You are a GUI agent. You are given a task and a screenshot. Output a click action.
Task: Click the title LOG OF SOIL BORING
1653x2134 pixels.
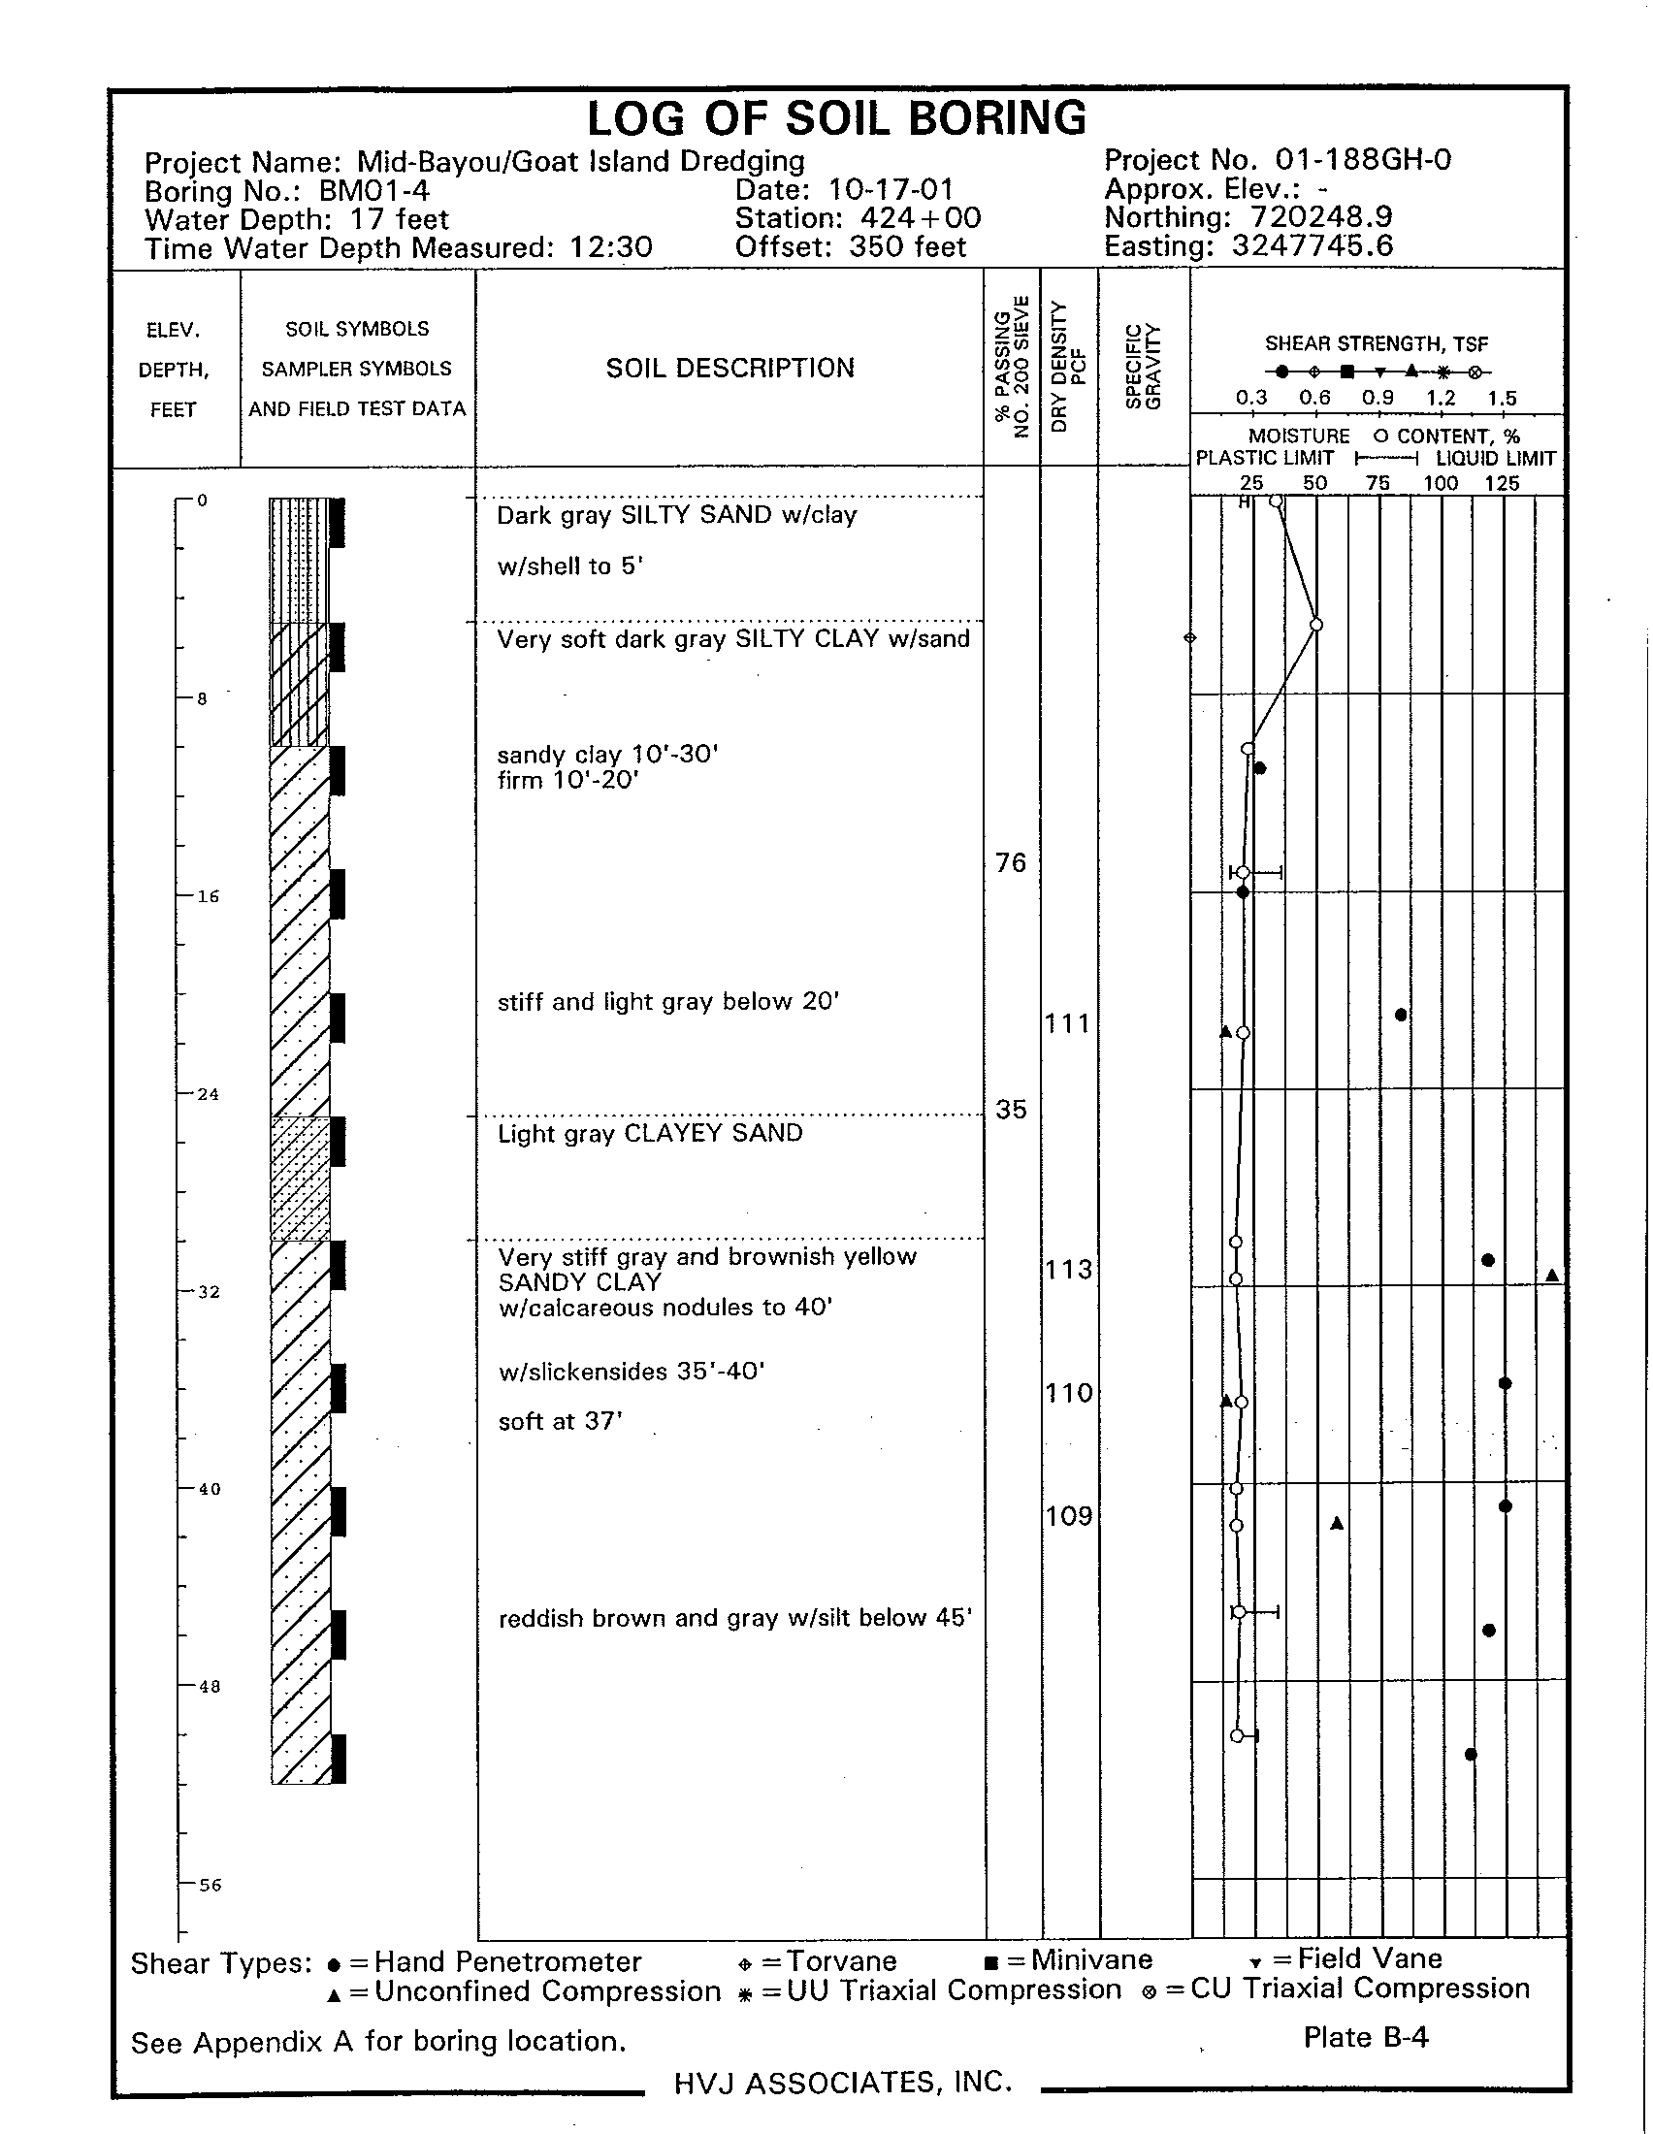pos(836,119)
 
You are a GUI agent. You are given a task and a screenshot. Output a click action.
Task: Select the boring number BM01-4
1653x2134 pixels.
pos(374,190)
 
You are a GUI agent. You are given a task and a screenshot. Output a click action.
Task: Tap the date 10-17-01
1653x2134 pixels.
pos(891,189)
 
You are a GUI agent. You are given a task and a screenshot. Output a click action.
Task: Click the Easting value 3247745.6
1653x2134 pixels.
pos(1313,245)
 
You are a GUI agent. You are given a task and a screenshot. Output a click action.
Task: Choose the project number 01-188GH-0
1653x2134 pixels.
pos(1363,159)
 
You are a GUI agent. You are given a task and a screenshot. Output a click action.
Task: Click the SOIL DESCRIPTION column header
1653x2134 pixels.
pos(729,369)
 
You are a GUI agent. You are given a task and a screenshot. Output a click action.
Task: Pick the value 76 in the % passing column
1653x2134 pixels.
pos(1011,862)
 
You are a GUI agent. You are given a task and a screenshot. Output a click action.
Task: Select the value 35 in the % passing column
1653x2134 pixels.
pos(1011,1109)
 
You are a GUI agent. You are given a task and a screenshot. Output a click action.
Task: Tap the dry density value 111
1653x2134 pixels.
pos(1067,1024)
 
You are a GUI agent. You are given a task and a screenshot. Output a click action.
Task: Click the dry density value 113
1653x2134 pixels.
pos(1067,1270)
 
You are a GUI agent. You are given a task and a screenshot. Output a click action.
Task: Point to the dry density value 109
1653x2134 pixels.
pos(1068,1515)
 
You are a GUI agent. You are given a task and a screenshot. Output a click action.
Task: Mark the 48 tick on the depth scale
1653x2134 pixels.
pos(210,1688)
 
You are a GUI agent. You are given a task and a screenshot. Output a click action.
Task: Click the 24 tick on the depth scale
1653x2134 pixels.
pos(208,1094)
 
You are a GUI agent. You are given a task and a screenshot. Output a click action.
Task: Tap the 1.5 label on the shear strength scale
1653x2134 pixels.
pos(1503,399)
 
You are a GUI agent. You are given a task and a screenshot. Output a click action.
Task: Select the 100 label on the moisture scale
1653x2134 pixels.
pos(1440,484)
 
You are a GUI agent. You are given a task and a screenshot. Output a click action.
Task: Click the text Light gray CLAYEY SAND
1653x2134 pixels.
pos(650,1133)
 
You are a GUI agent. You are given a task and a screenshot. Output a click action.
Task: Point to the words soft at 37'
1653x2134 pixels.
pos(561,1422)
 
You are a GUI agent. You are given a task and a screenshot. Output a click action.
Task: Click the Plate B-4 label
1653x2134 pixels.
pos(1366,2037)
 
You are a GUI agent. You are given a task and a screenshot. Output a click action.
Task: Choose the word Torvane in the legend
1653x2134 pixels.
pos(841,1961)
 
